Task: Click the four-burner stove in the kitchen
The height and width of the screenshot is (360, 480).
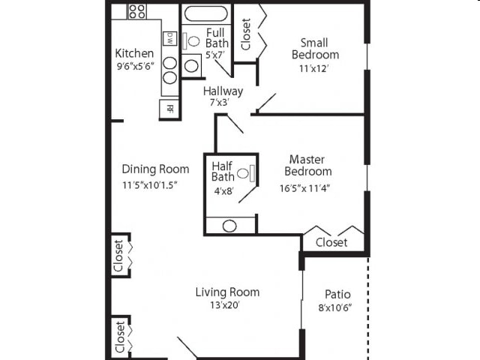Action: pyautogui.click(x=136, y=11)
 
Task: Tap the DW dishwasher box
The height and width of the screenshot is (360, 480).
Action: pyautogui.click(x=170, y=37)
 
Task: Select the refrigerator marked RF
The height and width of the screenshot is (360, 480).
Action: pyautogui.click(x=169, y=108)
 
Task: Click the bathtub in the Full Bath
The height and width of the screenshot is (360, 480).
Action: pyautogui.click(x=206, y=13)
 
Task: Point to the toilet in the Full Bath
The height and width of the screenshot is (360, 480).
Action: pyautogui.click(x=191, y=41)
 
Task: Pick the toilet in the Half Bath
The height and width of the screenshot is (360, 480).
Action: pyautogui.click(x=244, y=174)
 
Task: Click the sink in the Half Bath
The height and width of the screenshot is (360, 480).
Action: pyautogui.click(x=229, y=225)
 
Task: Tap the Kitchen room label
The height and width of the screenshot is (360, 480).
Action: pyautogui.click(x=134, y=53)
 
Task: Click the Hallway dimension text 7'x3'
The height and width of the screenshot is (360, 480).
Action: pyautogui.click(x=223, y=103)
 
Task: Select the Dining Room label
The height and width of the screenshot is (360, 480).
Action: pyautogui.click(x=155, y=169)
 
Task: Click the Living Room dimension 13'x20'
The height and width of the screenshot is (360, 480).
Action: pyautogui.click(x=227, y=304)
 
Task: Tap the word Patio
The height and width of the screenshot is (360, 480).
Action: pyautogui.click(x=337, y=294)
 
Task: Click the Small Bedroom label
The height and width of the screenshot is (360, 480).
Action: pyautogui.click(x=315, y=49)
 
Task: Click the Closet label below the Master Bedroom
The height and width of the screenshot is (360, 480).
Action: pyautogui.click(x=331, y=243)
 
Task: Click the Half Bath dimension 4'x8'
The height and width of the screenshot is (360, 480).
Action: pyautogui.click(x=223, y=190)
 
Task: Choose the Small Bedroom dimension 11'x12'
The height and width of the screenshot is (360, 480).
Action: pyautogui.click(x=315, y=68)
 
